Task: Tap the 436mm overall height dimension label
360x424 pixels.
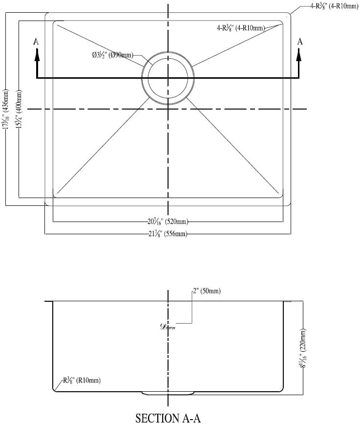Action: click(6, 109)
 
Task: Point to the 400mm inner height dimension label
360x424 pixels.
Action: click(19, 109)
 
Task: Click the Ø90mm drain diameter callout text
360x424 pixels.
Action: click(112, 55)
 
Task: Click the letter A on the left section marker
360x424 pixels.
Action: click(36, 42)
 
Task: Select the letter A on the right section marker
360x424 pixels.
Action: click(300, 42)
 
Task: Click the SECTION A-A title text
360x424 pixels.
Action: click(168, 418)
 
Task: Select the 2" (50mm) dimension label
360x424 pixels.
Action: click(207, 291)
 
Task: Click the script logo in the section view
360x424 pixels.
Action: click(168, 327)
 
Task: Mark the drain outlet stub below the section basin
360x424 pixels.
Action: click(167, 393)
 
